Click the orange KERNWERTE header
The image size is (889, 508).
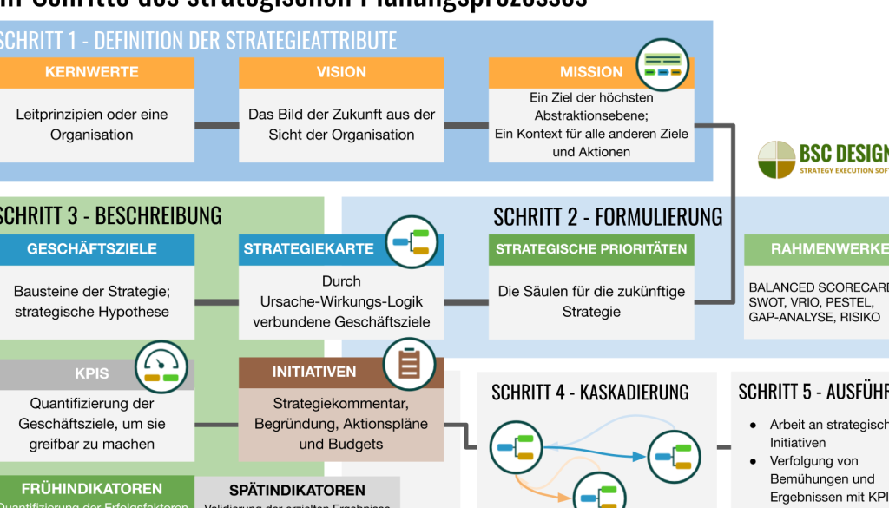tap(91, 72)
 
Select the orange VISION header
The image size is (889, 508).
tap(341, 72)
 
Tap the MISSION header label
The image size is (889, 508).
tap(591, 72)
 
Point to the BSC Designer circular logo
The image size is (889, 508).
tap(776, 160)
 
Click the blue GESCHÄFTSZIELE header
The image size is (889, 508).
tap(92, 249)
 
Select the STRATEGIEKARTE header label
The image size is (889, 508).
tap(309, 249)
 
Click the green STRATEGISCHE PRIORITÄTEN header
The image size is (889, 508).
tap(591, 249)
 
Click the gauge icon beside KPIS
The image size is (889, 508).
tap(161, 367)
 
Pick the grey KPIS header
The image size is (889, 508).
tap(92, 373)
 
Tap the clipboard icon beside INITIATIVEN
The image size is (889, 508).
tap(410, 363)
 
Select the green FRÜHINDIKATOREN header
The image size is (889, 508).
tap(92, 490)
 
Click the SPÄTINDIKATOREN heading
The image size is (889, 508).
tap(297, 491)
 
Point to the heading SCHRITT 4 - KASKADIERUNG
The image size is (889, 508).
tap(589, 393)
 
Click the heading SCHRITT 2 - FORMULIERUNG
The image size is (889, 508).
tap(608, 215)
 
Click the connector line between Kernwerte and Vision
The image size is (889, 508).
tap(216, 126)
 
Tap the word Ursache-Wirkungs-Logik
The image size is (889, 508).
tap(341, 301)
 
